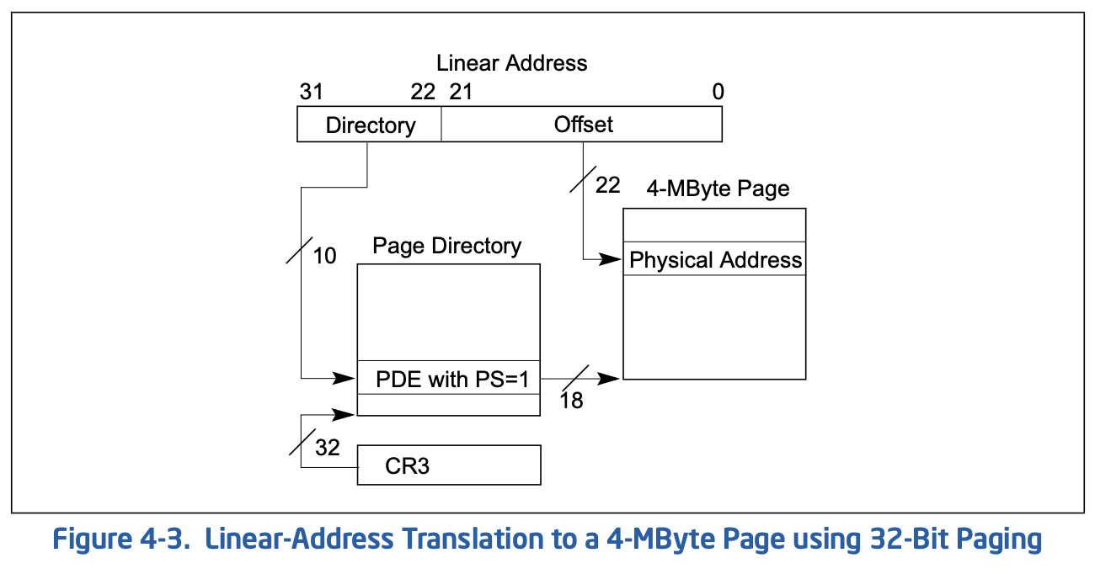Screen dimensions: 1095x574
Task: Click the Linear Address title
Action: tap(511, 63)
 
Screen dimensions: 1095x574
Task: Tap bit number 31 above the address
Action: tap(312, 92)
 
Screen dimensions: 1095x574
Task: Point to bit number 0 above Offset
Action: tap(718, 92)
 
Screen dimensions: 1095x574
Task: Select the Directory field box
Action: tap(369, 124)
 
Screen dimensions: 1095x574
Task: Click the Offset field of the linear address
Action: tap(582, 124)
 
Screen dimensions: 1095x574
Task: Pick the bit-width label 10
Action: tap(324, 256)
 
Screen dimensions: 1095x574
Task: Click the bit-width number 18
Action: tap(571, 401)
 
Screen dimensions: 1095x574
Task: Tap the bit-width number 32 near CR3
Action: tap(327, 448)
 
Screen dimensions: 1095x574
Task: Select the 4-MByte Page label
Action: tap(718, 189)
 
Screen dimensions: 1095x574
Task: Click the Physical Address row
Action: tap(714, 259)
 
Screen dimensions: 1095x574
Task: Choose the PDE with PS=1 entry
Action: tap(449, 378)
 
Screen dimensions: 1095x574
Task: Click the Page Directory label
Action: tap(446, 246)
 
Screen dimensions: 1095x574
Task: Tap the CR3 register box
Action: tap(449, 465)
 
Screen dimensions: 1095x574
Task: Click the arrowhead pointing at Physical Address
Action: tap(611, 259)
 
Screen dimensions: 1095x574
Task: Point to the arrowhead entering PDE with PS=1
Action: tap(345, 378)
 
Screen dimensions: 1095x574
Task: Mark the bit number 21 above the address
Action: tap(461, 92)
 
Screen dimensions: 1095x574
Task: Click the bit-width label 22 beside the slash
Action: tap(607, 186)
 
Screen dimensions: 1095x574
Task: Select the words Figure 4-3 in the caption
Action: tap(120, 539)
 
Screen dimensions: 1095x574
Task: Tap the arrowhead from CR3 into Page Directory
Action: tap(345, 415)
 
